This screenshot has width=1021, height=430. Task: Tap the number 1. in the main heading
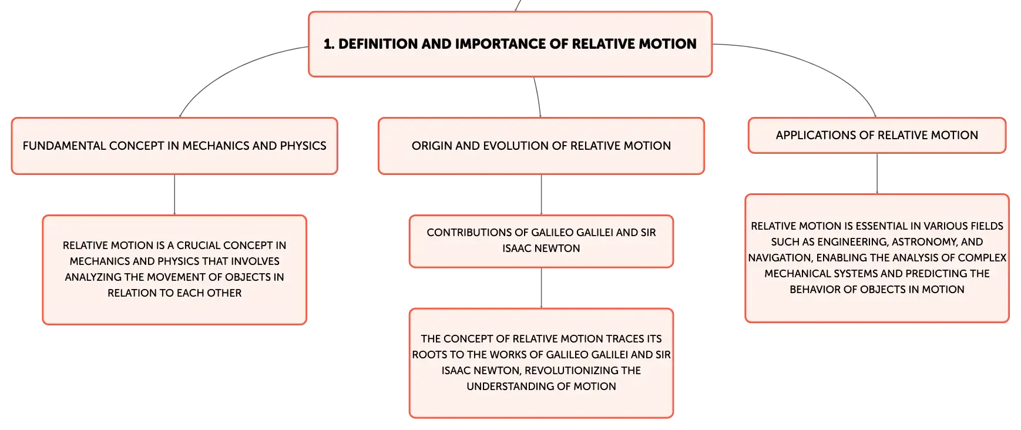click(329, 44)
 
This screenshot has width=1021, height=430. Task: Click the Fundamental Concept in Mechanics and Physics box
click(174, 146)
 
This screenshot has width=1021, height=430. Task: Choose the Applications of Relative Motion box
click(877, 135)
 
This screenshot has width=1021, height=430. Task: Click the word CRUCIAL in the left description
click(199, 246)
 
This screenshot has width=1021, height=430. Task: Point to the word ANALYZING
click(93, 277)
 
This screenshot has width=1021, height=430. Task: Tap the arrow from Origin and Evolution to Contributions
click(541, 195)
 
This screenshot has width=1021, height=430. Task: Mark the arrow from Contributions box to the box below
click(541, 288)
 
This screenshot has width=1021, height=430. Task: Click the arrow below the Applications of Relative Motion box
click(877, 174)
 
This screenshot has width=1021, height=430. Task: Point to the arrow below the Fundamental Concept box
click(174, 195)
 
